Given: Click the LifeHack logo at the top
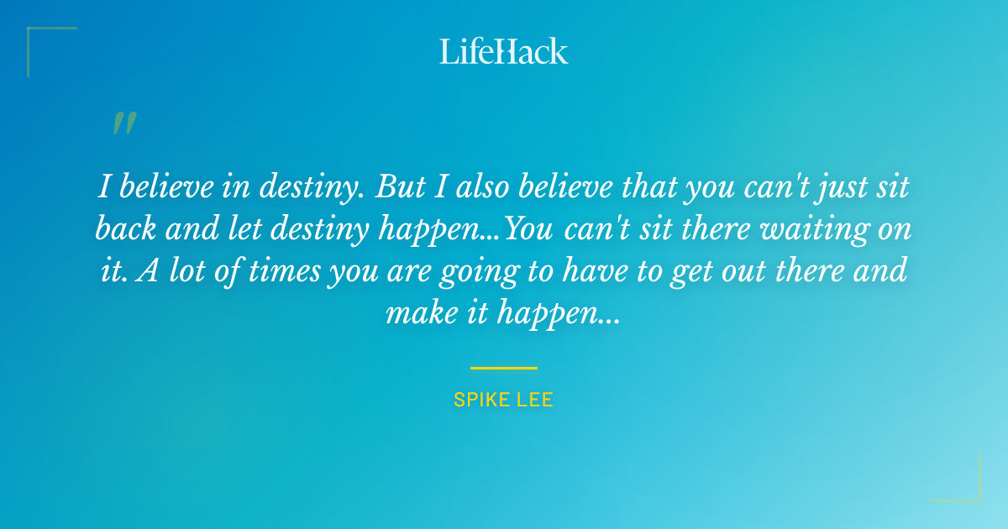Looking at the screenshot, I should (x=504, y=51).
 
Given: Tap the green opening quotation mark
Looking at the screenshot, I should (x=123, y=123).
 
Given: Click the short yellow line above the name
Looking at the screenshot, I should (x=504, y=368).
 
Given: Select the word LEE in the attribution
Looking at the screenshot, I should (x=535, y=400).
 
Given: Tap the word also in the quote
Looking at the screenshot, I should (x=480, y=187).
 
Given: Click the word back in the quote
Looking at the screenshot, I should (x=125, y=229).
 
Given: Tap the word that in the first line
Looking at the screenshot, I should (x=651, y=187).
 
